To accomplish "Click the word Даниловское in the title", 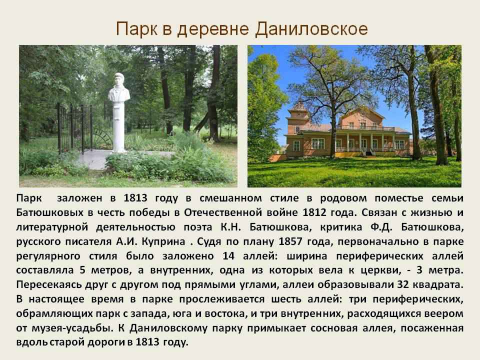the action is click(x=311, y=29).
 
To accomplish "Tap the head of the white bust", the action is click(x=118, y=82).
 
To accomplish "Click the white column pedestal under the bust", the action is click(x=119, y=127).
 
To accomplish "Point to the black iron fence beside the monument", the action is click(x=74, y=128).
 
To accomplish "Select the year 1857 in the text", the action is click(x=291, y=241).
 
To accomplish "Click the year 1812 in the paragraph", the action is click(x=314, y=212).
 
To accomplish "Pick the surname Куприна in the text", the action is click(x=163, y=242).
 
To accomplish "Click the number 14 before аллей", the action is click(x=228, y=256).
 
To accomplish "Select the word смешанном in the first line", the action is click(x=231, y=198).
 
